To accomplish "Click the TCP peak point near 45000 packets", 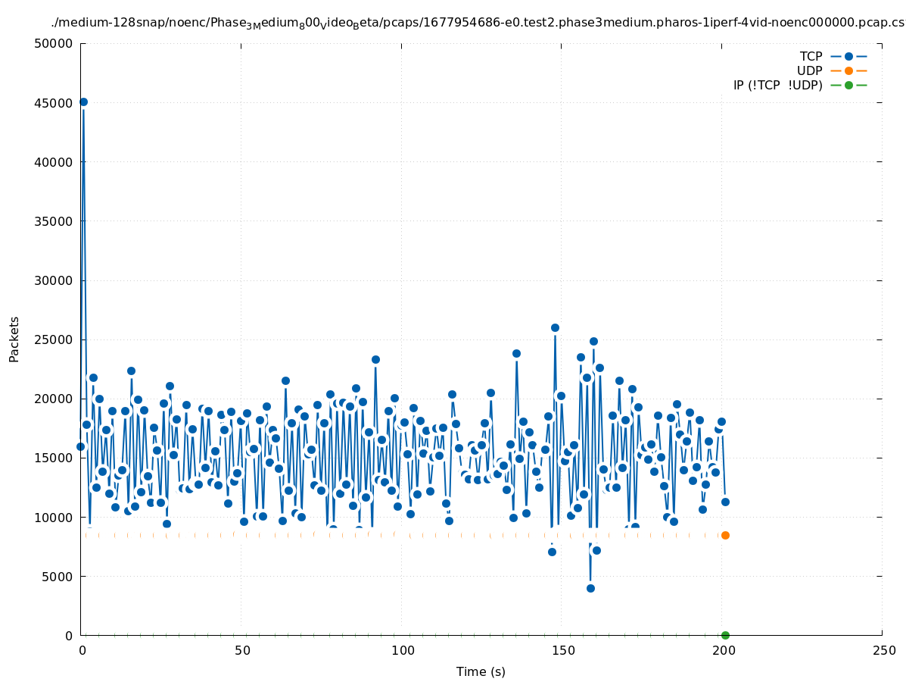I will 83,102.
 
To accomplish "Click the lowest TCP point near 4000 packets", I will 590,588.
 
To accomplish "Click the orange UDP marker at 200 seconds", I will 725,535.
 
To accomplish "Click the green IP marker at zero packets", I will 725,635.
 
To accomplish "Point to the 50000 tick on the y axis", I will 54,43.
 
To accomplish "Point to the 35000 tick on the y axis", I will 54,221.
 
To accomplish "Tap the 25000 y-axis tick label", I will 54,339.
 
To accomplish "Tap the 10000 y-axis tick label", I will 54,517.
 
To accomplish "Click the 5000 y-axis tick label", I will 58,577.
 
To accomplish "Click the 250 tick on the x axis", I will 883,650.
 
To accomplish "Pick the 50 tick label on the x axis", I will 242,650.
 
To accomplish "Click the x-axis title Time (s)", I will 481,671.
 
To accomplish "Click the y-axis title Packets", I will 14,339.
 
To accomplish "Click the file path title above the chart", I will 478,23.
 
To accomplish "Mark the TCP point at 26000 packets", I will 555,327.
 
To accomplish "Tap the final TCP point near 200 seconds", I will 725,502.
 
